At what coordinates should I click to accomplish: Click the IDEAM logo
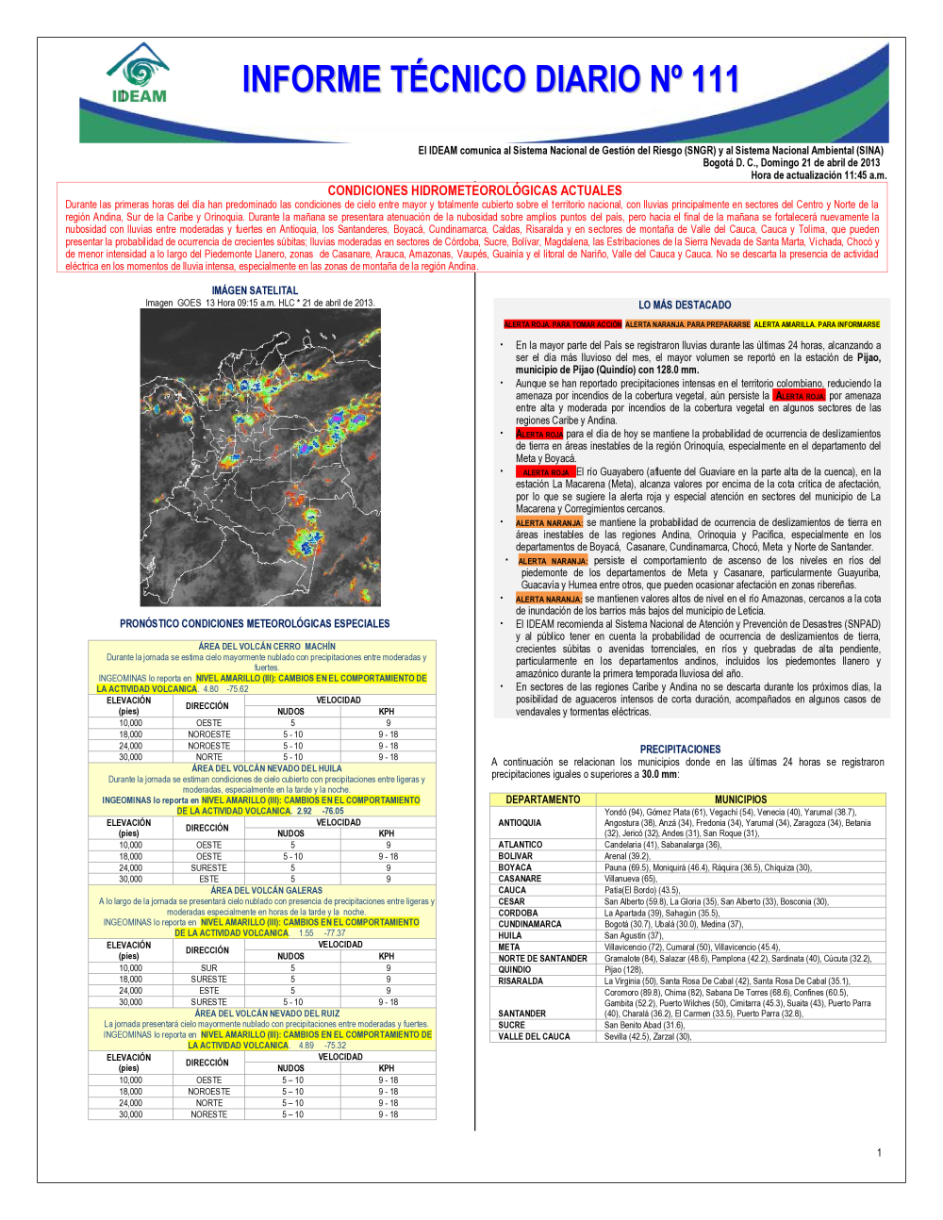[139, 74]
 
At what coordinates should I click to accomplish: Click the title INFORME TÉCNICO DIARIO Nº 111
[490, 79]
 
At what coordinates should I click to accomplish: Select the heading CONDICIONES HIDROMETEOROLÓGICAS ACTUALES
[474, 190]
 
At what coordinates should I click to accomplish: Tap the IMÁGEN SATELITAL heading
[255, 290]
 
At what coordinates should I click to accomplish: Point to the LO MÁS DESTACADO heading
[685, 305]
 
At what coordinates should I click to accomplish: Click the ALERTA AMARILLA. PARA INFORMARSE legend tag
[817, 324]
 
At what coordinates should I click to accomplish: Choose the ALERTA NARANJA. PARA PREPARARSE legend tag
[687, 324]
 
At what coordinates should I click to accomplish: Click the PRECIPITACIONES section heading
[680, 750]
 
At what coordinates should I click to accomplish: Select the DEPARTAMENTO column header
[543, 800]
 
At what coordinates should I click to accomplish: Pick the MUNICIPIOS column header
[740, 800]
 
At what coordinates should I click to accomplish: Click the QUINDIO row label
[515, 969]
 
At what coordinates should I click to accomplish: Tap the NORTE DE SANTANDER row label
[542, 958]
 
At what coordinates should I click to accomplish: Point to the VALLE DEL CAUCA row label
[534, 1036]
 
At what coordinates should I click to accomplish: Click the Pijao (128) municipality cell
[623, 969]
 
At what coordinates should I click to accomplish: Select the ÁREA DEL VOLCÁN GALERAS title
[266, 890]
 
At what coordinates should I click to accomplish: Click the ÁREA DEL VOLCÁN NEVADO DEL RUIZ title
[267, 1014]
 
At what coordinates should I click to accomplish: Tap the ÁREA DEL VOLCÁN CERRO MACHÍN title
[267, 647]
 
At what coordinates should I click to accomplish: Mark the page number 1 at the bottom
[879, 1152]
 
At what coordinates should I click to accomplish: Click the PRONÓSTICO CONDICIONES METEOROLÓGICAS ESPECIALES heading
[255, 624]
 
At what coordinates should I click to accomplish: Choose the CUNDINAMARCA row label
[530, 924]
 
